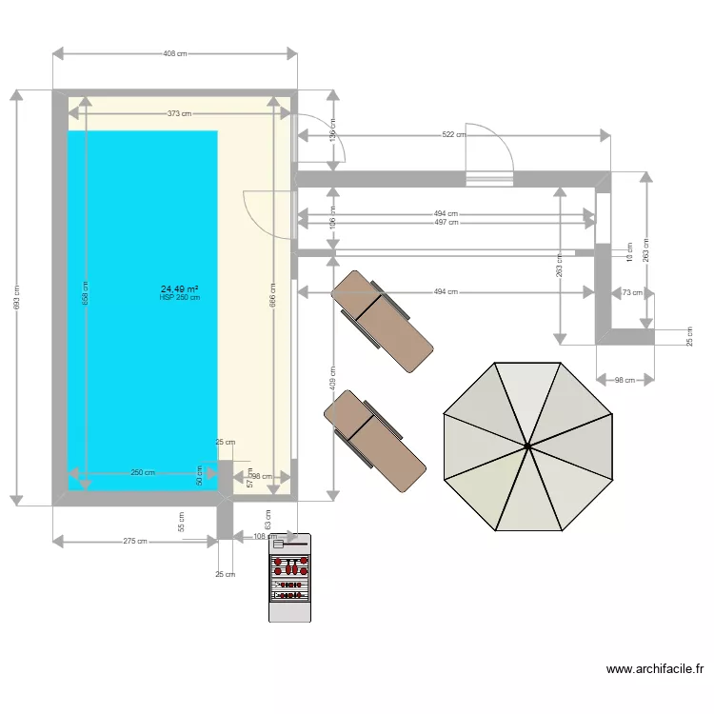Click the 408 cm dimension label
(x=174, y=53)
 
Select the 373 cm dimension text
(x=179, y=113)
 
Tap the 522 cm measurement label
(x=454, y=135)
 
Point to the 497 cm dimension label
(x=446, y=223)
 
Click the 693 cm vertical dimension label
(x=16, y=296)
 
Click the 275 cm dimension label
(x=135, y=542)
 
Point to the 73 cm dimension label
(x=631, y=293)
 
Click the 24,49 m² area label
(x=179, y=288)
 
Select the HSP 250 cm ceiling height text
(x=180, y=297)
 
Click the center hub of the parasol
(x=526, y=445)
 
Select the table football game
(x=289, y=577)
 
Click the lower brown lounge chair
(x=374, y=441)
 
